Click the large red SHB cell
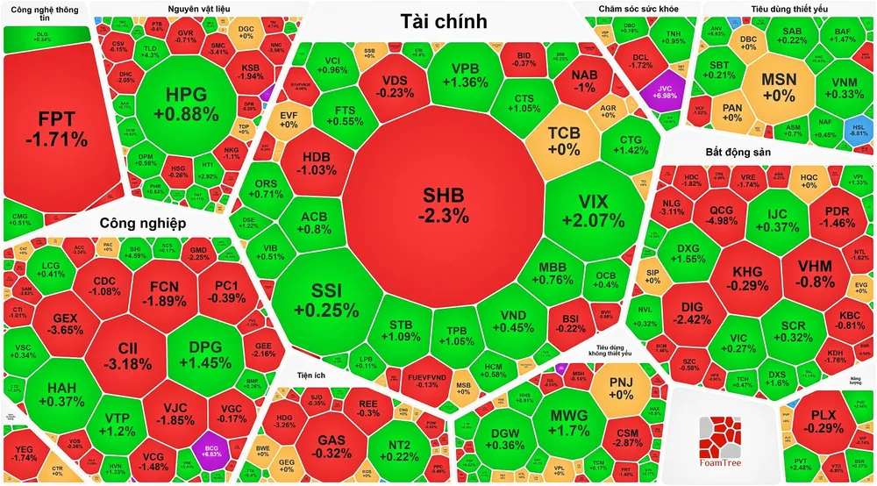click(443, 204)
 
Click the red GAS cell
click(331, 445)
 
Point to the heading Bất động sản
click(738, 152)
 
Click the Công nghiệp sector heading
click(142, 222)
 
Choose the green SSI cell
click(323, 301)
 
